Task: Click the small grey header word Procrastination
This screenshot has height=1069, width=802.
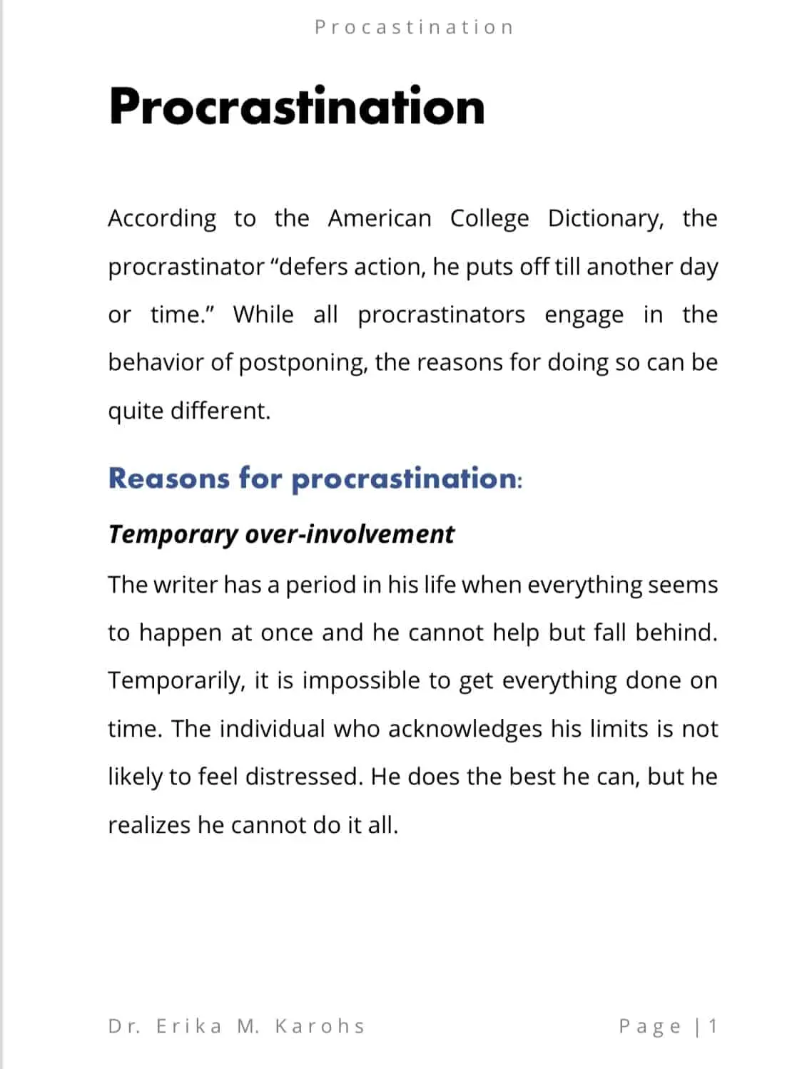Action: point(414,28)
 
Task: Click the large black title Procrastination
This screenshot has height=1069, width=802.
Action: point(297,107)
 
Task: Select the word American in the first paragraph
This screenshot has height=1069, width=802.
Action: point(380,218)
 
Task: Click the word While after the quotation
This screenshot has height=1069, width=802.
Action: point(263,314)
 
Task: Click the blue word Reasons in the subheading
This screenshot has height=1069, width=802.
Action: point(168,478)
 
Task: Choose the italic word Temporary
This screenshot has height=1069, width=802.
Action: point(173,534)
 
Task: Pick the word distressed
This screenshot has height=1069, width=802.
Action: point(303,777)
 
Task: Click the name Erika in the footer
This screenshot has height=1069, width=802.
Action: point(189,1026)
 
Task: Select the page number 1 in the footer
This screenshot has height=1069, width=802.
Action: point(712,1026)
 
